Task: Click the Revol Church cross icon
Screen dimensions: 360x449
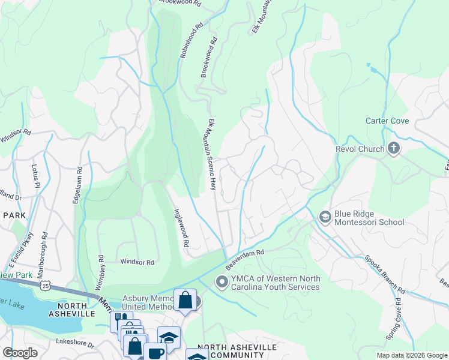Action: point(394,148)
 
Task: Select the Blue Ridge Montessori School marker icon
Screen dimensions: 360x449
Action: point(325,217)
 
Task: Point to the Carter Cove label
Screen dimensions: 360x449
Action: point(387,121)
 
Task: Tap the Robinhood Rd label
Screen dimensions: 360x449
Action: point(191,41)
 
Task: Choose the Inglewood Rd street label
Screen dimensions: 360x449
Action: point(181,228)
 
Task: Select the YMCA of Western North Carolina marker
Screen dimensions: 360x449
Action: point(221,281)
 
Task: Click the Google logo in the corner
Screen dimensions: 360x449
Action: point(20,353)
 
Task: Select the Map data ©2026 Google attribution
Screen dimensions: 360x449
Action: point(411,355)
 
